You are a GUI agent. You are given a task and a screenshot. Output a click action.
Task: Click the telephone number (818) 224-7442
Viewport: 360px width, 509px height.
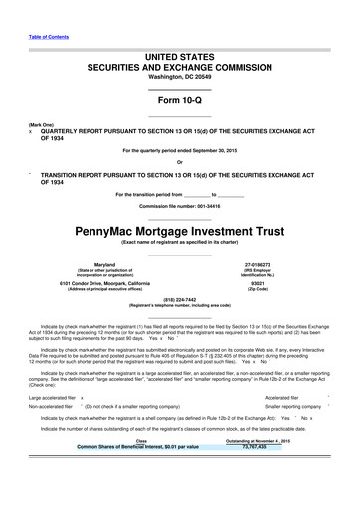pyautogui.click(x=179, y=309)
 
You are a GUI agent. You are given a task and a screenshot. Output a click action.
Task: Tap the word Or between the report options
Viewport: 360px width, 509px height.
pyautogui.click(x=179, y=162)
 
